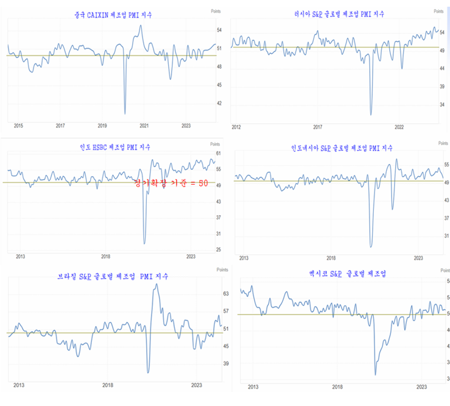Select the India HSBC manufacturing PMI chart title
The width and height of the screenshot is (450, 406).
point(115,147)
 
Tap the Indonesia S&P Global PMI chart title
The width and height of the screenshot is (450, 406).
point(342,148)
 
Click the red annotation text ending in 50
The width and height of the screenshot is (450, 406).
point(172,183)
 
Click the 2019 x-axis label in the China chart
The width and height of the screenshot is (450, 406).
point(102,126)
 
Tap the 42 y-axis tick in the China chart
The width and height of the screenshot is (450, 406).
point(219,103)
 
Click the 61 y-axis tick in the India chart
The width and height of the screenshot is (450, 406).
point(219,153)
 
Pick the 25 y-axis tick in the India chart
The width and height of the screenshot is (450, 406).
point(219,250)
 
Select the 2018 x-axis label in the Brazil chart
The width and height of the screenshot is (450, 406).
point(108,385)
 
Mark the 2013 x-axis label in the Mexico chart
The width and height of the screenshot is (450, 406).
point(252,386)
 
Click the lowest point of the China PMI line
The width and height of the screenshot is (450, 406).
point(125,113)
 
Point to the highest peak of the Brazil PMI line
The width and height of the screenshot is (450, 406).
point(156,284)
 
